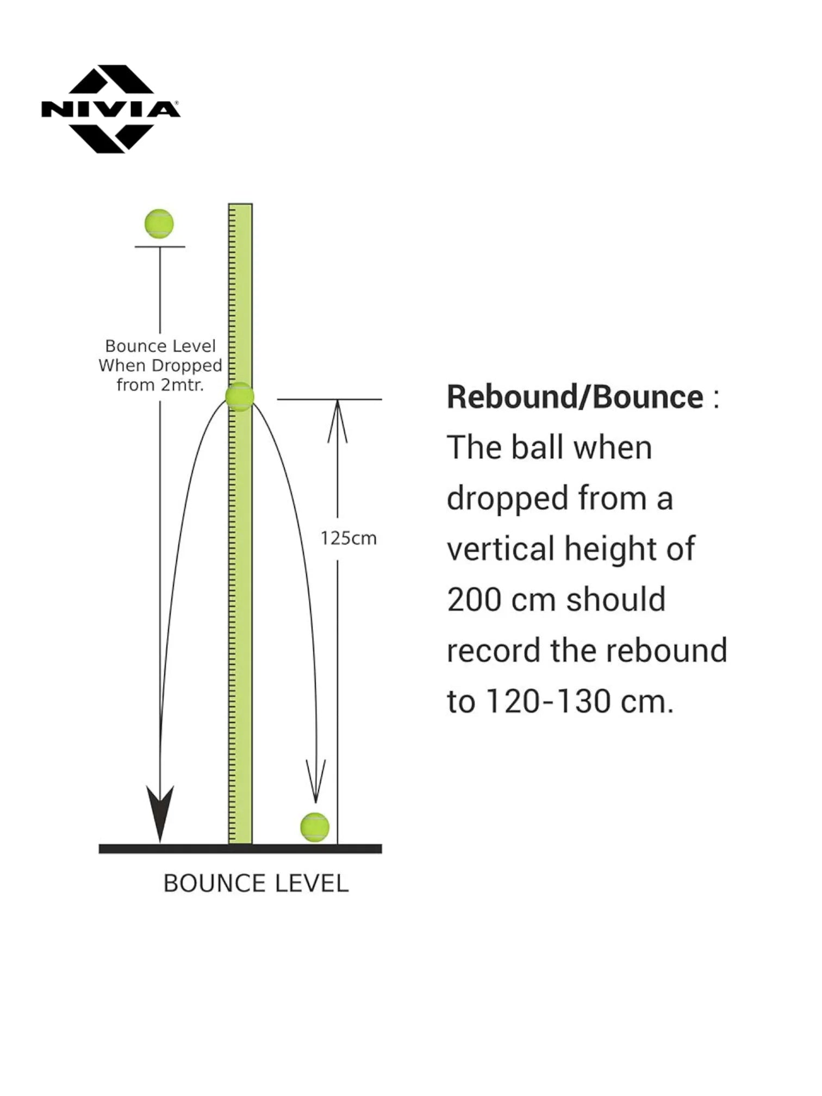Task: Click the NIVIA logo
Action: click(110, 109)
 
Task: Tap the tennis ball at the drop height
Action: click(159, 223)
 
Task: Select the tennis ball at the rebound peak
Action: click(239, 396)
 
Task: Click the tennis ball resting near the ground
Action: click(315, 827)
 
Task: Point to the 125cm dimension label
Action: click(348, 538)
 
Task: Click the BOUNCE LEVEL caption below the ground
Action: click(256, 883)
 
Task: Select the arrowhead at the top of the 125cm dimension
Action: click(338, 421)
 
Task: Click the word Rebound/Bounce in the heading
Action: click(575, 397)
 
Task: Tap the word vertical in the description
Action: click(500, 549)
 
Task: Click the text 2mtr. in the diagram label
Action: click(182, 385)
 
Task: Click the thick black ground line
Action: click(240, 849)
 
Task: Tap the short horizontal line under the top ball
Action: click(160, 247)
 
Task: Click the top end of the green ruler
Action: click(240, 205)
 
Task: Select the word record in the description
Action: click(494, 651)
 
